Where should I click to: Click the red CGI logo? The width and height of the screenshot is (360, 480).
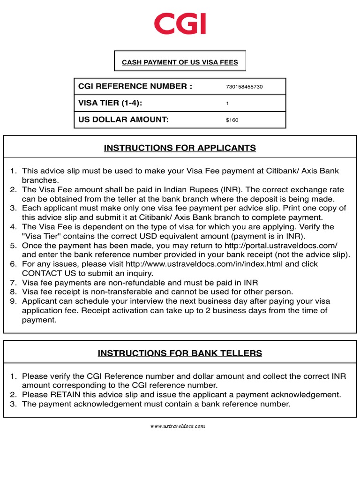[180, 24]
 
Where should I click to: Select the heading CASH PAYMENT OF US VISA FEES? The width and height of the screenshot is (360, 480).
[180, 62]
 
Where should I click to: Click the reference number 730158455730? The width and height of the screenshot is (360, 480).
[244, 87]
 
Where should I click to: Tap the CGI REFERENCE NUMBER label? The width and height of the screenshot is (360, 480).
[135, 86]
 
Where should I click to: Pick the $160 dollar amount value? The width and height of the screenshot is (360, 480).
[232, 120]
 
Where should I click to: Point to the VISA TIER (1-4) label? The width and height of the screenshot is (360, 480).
[110, 103]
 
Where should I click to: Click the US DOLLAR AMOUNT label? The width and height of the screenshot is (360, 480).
[123, 120]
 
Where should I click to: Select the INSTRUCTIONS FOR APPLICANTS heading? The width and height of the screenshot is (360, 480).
[180, 148]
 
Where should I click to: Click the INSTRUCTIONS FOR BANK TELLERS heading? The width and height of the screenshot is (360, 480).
[180, 353]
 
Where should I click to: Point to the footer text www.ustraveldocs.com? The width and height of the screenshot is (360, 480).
[178, 426]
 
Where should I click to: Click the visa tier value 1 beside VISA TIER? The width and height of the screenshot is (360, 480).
[227, 104]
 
